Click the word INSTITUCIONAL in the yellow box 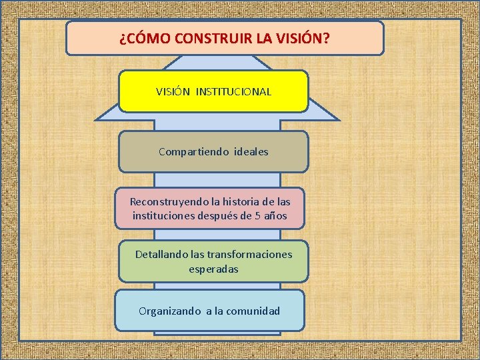234,92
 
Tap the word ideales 251,152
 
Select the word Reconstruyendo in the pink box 167,201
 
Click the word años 276,215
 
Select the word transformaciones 249,255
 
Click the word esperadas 213,269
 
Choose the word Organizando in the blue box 169,311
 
